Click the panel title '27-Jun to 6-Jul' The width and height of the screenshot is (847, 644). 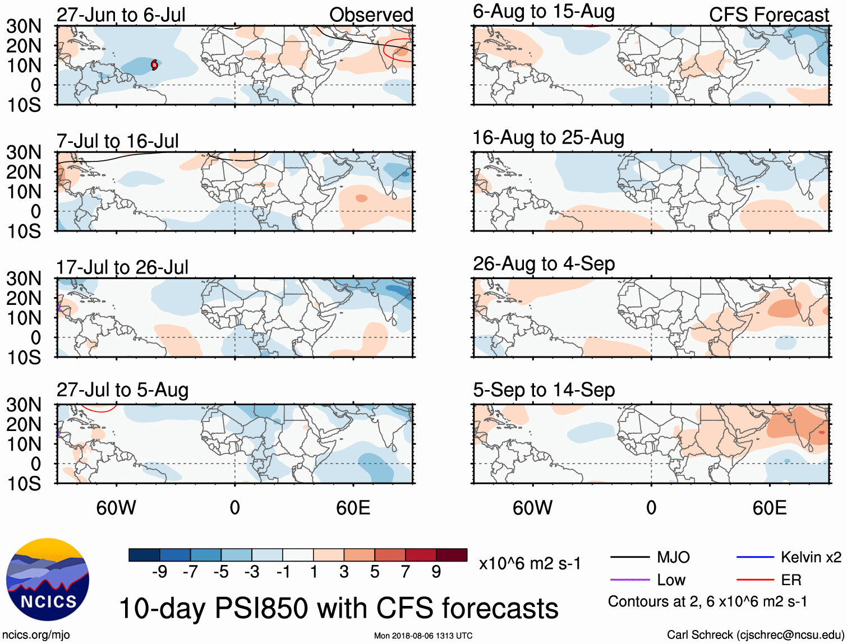(x=121, y=15)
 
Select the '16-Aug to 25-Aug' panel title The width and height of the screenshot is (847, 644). (x=548, y=138)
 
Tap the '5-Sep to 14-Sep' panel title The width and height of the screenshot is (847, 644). (x=544, y=390)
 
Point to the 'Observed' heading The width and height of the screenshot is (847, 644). (x=371, y=15)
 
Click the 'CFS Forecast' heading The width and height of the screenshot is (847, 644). (x=768, y=15)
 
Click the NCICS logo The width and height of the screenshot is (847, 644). (x=48, y=580)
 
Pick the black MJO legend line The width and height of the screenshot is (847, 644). (x=629, y=557)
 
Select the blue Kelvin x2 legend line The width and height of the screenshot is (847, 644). (x=755, y=557)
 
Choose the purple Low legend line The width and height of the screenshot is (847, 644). (x=629, y=580)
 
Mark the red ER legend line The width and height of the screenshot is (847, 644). (x=755, y=580)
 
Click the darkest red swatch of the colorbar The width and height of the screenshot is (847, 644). (x=452, y=555)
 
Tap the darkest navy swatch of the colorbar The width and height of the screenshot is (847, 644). (x=144, y=555)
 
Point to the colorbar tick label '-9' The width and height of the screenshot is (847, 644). (x=160, y=572)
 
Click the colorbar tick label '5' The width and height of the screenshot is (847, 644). (x=375, y=572)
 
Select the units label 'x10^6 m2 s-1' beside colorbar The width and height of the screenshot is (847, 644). (x=530, y=563)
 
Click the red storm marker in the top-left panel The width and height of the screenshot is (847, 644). (x=154, y=65)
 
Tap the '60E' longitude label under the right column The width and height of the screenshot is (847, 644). (x=769, y=508)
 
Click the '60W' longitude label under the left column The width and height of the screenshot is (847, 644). (x=116, y=508)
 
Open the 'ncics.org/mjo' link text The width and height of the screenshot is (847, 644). (x=36, y=635)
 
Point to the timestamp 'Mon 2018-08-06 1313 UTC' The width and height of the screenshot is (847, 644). (x=423, y=636)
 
